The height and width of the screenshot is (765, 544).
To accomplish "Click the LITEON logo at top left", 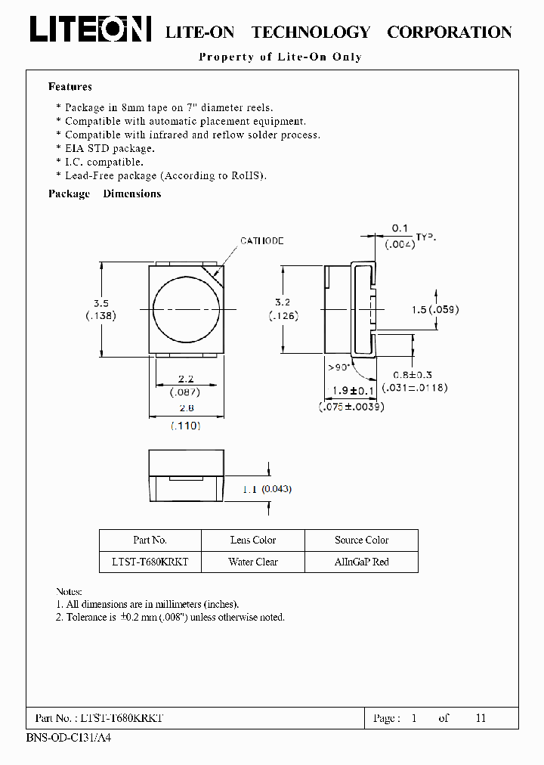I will coord(90,30).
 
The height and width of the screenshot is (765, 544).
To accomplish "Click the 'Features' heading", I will coord(70,87).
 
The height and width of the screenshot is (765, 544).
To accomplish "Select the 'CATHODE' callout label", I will coord(262,240).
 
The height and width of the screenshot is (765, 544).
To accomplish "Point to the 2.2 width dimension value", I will coord(187,378).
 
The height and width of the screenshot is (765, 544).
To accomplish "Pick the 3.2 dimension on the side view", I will coord(281,301).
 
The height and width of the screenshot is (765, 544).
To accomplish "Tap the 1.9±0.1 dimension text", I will coord(351,390).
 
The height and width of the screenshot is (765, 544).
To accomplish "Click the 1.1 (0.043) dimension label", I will coord(267,489).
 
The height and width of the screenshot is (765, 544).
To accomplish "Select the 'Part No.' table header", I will coord(150,540).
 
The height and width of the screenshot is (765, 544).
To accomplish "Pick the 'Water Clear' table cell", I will coord(253,562).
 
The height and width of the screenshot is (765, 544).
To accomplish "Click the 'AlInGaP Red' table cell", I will coord(361,562).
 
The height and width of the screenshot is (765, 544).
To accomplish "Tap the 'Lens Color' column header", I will coord(253,540).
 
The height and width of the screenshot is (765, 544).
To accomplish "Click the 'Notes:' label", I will coord(70,591).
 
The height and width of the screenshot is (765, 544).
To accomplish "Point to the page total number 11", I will coord(481,718).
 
